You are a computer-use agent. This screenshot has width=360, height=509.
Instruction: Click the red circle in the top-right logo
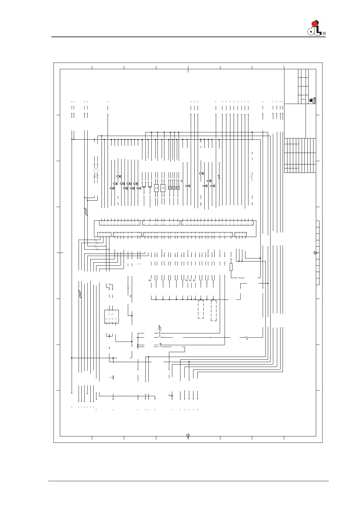click(x=314, y=24)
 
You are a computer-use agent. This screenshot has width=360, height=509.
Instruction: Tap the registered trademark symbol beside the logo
click(x=324, y=34)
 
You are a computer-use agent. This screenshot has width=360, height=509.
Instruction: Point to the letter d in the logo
click(x=310, y=31)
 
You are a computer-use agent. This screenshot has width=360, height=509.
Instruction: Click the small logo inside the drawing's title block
click(x=313, y=101)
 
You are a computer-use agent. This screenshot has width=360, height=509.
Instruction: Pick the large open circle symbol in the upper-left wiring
click(x=96, y=171)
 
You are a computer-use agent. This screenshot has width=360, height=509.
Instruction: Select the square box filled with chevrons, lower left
click(x=111, y=316)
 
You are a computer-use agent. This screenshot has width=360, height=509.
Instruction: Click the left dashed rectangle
click(x=201, y=310)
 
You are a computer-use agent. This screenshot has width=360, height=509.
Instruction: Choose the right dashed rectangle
click(x=213, y=311)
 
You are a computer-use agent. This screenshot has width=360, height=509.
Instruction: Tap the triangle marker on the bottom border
click(x=188, y=436)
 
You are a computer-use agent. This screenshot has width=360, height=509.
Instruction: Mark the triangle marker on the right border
click(x=316, y=253)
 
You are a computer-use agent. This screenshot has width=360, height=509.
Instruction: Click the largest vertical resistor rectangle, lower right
click(x=231, y=267)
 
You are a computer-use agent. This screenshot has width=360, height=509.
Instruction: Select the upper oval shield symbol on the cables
click(x=96, y=241)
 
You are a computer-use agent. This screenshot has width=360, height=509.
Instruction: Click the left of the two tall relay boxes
click(x=156, y=188)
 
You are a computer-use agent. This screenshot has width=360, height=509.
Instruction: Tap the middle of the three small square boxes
click(x=174, y=188)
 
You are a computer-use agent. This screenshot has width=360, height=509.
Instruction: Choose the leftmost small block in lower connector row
click(x=104, y=234)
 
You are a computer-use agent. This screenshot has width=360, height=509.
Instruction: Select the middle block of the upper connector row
click(x=161, y=223)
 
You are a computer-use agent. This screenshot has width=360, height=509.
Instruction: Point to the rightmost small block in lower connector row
click(x=240, y=234)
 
